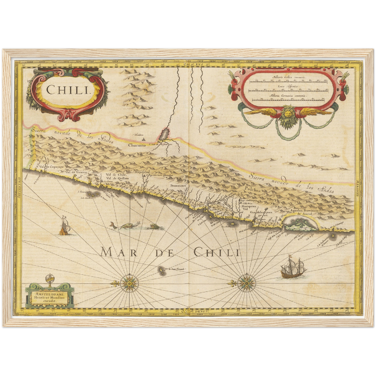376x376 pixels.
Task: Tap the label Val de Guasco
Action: [x=76, y=172]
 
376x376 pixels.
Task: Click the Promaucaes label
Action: [x=178, y=186]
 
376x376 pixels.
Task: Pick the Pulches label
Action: [x=252, y=190]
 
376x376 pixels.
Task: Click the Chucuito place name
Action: [x=137, y=146]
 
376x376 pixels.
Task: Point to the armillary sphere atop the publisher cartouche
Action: [x=49, y=279]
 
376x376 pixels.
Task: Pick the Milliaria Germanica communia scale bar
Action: [x=289, y=99]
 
